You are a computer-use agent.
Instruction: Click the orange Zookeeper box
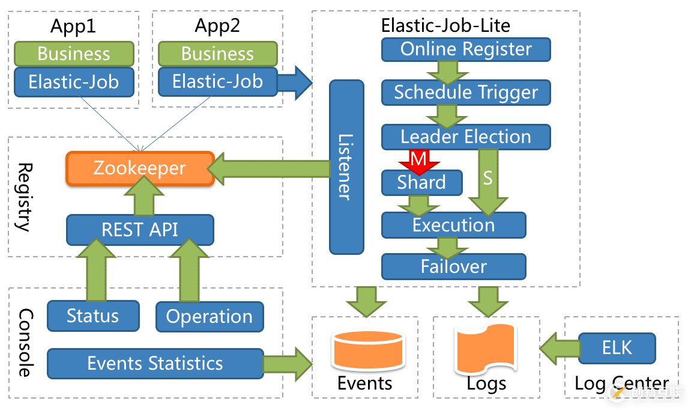tap(140, 168)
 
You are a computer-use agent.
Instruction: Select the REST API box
tap(140, 230)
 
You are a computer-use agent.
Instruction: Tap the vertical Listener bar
tap(346, 167)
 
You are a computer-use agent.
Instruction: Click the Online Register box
tap(466, 49)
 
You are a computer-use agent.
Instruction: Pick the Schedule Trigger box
tap(466, 93)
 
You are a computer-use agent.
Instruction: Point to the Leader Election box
tap(466, 137)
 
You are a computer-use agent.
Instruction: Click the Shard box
tap(421, 183)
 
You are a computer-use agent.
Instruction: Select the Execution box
tap(453, 225)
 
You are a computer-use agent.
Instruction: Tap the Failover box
tap(453, 266)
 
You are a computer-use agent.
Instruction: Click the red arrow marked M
tap(418, 161)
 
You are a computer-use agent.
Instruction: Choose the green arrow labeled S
tap(487, 180)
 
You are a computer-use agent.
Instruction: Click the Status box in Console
tap(93, 316)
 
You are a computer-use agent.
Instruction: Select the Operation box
tap(209, 317)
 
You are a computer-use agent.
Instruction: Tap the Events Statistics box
tap(155, 364)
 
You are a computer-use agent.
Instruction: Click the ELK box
tap(617, 348)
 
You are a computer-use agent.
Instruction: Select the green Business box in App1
tap(74, 54)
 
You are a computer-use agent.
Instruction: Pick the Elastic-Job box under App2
tap(218, 81)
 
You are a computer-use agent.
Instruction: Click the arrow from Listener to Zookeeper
tap(270, 169)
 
